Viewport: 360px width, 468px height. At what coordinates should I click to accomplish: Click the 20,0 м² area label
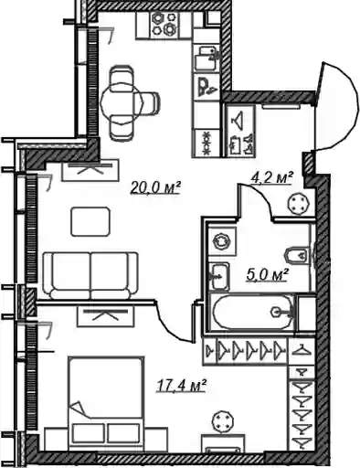click(155, 186)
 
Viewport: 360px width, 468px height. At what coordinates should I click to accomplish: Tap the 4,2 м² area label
click(271, 177)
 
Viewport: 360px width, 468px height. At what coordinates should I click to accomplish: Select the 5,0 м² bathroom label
click(267, 274)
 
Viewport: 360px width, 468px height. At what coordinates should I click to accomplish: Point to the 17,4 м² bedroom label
click(181, 385)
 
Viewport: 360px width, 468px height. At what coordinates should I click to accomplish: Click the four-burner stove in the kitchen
click(164, 25)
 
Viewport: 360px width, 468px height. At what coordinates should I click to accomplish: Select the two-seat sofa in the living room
click(90, 276)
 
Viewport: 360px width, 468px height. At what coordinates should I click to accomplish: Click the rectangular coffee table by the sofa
click(90, 221)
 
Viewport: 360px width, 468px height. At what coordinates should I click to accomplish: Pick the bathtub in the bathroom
click(251, 312)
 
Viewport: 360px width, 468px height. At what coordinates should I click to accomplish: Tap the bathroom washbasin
click(219, 277)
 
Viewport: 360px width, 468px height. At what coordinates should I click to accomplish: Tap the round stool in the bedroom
click(223, 421)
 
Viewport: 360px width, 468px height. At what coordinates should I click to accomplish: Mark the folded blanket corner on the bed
click(78, 408)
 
